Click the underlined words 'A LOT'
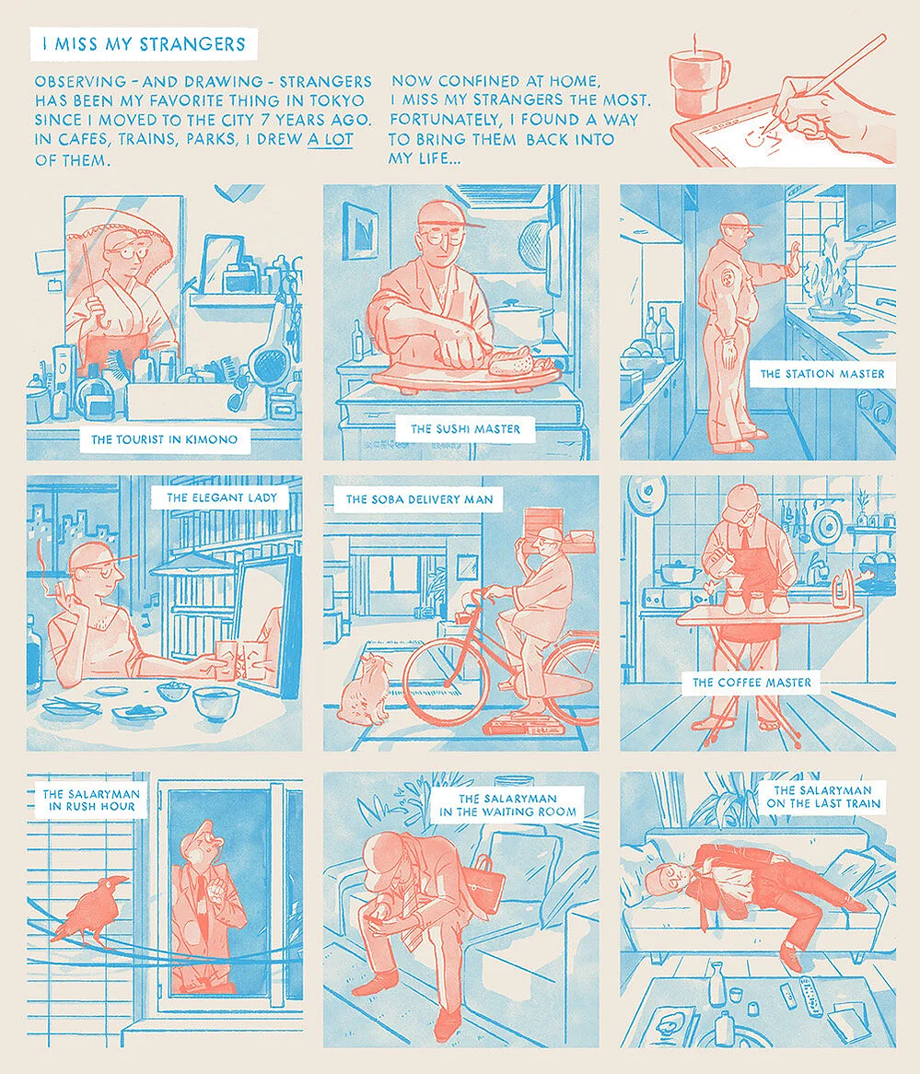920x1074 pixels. tap(331, 141)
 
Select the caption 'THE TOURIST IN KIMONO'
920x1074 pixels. tap(164, 439)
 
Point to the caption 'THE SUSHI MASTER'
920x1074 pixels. tap(465, 428)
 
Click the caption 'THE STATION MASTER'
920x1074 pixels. tap(822, 374)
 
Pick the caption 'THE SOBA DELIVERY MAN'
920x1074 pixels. tap(419, 500)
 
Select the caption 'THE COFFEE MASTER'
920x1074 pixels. tap(752, 683)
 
